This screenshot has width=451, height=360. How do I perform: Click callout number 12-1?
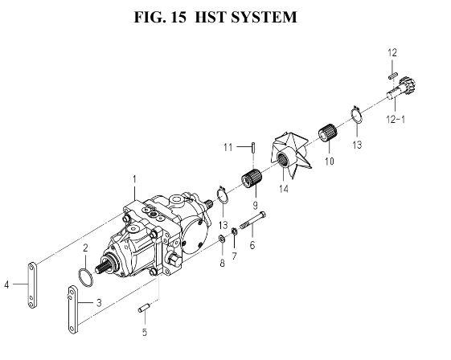tap(396, 119)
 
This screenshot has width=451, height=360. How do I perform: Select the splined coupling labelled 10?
tap(328, 133)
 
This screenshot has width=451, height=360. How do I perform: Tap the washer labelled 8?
tap(222, 239)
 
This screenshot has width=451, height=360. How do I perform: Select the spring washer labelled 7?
tap(235, 231)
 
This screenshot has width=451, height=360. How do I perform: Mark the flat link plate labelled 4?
tap(32, 285)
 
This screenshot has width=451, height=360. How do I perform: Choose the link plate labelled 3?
tap(73, 309)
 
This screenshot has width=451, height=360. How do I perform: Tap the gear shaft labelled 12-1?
tap(401, 88)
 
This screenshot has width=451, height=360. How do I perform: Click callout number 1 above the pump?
tap(134, 179)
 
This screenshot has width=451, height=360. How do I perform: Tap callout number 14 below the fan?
tap(284, 189)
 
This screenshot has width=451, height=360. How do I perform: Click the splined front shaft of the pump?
tap(104, 267)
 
